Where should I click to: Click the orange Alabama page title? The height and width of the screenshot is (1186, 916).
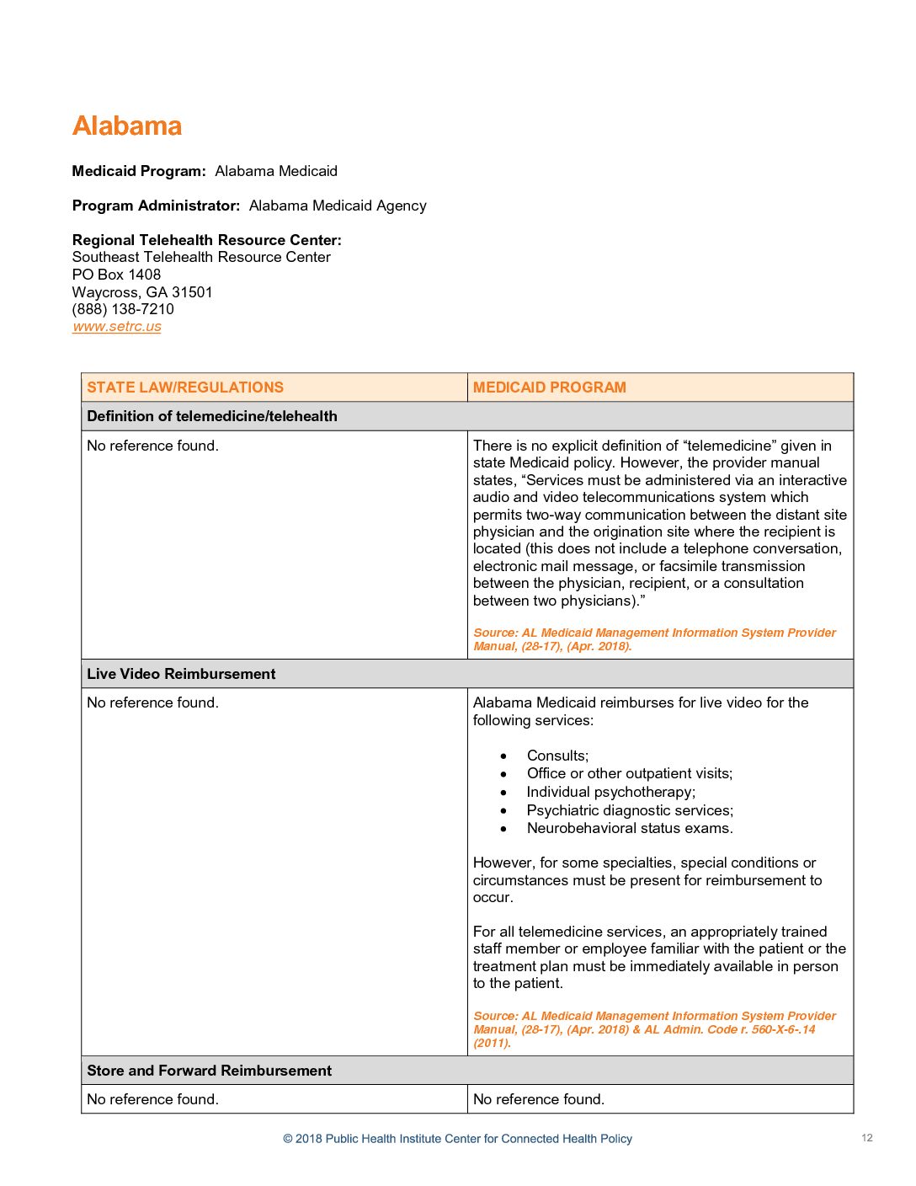127,126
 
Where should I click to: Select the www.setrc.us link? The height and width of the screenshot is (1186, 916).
116,327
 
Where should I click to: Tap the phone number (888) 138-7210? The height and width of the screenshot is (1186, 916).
123,309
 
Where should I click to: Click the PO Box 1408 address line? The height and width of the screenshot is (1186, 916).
116,275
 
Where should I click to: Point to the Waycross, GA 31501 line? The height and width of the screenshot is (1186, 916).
142,292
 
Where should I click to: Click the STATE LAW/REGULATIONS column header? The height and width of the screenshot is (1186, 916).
185,387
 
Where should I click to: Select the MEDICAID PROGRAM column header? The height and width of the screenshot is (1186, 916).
549,387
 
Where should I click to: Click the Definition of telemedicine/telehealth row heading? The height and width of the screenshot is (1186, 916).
212,416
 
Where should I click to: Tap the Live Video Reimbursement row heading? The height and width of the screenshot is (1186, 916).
181,674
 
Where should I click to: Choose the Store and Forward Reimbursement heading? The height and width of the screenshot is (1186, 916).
209,1071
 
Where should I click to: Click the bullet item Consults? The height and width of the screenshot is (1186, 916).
557,756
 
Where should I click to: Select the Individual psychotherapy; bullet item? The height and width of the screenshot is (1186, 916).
610,792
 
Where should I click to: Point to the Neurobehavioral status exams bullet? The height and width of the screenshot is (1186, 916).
630,828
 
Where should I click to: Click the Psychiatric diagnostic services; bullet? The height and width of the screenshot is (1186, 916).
630,810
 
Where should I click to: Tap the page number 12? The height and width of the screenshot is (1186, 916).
866,1138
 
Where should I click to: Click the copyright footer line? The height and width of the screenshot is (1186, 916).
457,1139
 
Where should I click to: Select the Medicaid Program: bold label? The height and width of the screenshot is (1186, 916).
139,171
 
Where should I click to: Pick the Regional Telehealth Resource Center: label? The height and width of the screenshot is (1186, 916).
206,240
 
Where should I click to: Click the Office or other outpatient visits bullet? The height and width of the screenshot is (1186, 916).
629,773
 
